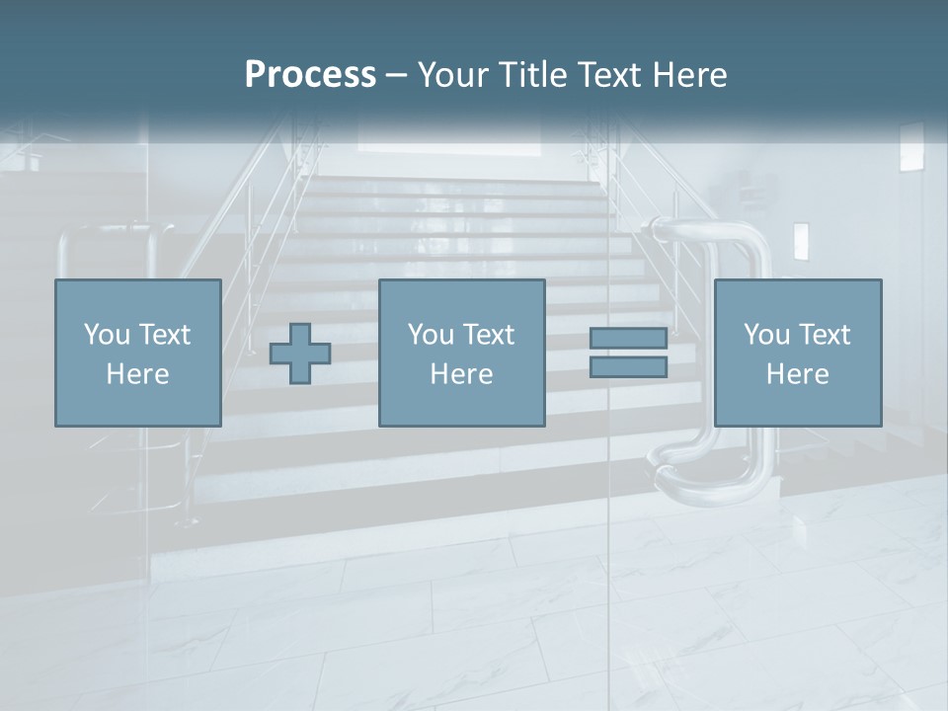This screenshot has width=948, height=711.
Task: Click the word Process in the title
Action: (310, 75)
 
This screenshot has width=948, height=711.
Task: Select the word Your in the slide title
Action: (451, 75)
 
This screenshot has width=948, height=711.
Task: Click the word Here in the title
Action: (690, 75)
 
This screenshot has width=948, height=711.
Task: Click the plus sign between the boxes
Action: (300, 354)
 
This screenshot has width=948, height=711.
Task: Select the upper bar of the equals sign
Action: (628, 338)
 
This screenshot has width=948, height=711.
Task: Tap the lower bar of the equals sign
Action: (628, 366)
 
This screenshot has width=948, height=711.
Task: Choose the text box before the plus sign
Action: (137, 353)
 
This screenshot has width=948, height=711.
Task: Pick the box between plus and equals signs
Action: (461, 353)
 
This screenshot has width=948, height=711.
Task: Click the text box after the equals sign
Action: (797, 353)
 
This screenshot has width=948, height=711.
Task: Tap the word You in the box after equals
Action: (766, 335)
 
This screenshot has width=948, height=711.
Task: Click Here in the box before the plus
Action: (137, 374)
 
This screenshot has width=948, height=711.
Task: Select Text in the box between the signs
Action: (490, 335)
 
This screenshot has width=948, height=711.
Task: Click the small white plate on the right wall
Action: (801, 240)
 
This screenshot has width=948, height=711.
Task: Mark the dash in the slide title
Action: (396, 75)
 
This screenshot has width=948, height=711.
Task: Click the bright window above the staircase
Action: (449, 139)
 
